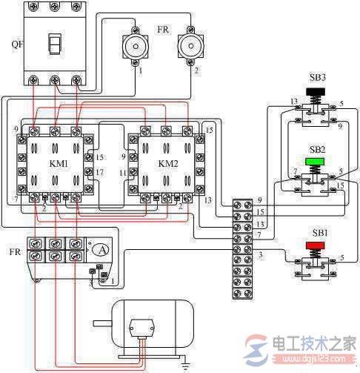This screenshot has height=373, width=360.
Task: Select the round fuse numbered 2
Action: (190, 47)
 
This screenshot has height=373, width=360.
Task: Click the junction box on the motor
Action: (139, 326)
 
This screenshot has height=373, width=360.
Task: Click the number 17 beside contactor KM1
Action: (100, 173)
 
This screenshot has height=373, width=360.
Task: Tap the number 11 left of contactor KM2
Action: (122, 173)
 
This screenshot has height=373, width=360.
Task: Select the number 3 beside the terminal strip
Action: (260, 256)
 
